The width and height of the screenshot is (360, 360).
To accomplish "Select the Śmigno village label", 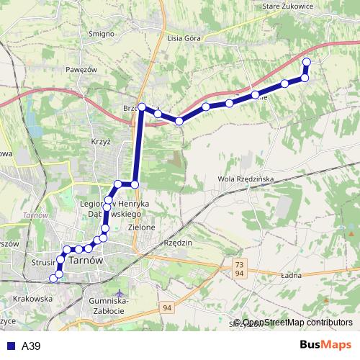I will (100, 33).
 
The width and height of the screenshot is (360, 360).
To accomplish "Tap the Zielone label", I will (142, 228).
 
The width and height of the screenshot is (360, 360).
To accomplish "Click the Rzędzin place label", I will (179, 243).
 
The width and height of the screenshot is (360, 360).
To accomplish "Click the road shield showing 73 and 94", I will (238, 269).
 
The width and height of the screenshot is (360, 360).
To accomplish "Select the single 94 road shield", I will (168, 308).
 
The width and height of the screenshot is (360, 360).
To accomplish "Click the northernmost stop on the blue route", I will (306, 61).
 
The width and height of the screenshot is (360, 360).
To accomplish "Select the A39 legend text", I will (30, 346).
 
